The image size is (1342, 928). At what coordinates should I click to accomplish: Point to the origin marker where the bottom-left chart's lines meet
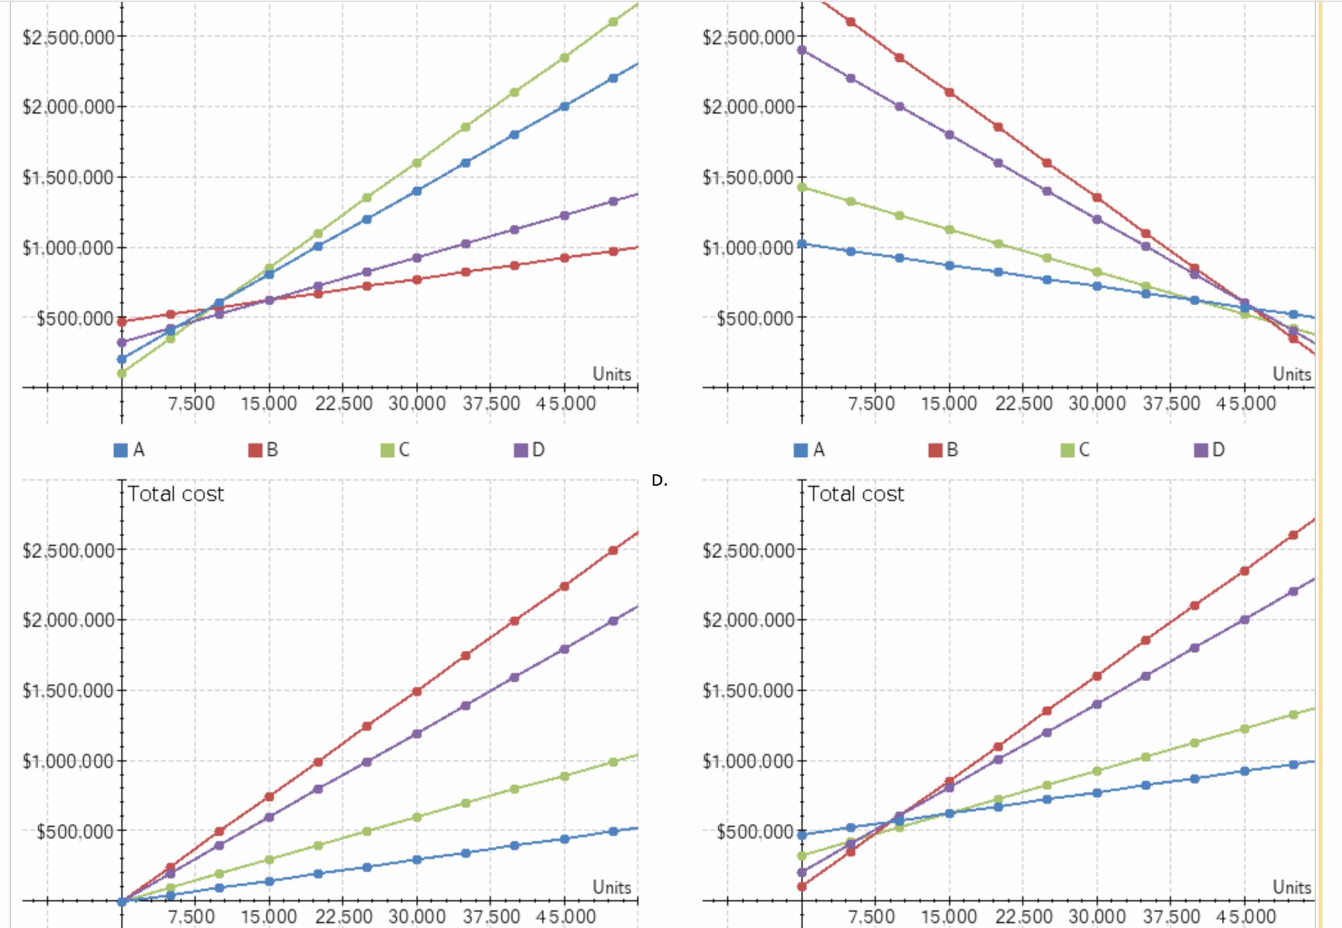click(122, 902)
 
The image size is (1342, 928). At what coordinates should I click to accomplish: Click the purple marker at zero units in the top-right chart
click(802, 50)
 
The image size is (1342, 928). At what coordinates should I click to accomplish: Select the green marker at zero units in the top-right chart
click(802, 187)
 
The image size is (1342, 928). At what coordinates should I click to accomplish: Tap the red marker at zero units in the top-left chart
click(122, 321)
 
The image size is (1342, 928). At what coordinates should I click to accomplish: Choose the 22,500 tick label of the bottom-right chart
click(1023, 916)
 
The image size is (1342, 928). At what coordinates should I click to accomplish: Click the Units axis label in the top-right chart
click(1292, 374)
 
